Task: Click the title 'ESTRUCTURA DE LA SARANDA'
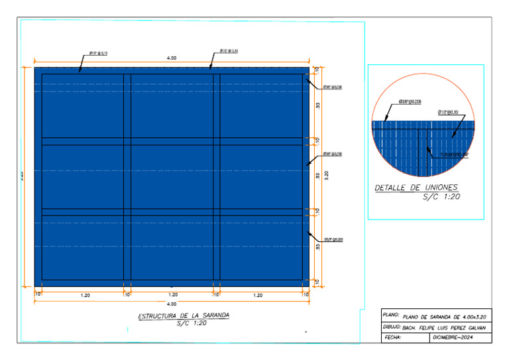(x=184, y=316)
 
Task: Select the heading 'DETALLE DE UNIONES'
(x=416, y=188)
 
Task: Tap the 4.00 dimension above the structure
(x=172, y=58)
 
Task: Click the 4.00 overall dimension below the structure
(x=172, y=304)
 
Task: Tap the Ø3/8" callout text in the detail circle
(x=411, y=103)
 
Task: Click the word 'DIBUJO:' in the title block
(x=393, y=327)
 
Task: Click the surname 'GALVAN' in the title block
(x=473, y=328)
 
